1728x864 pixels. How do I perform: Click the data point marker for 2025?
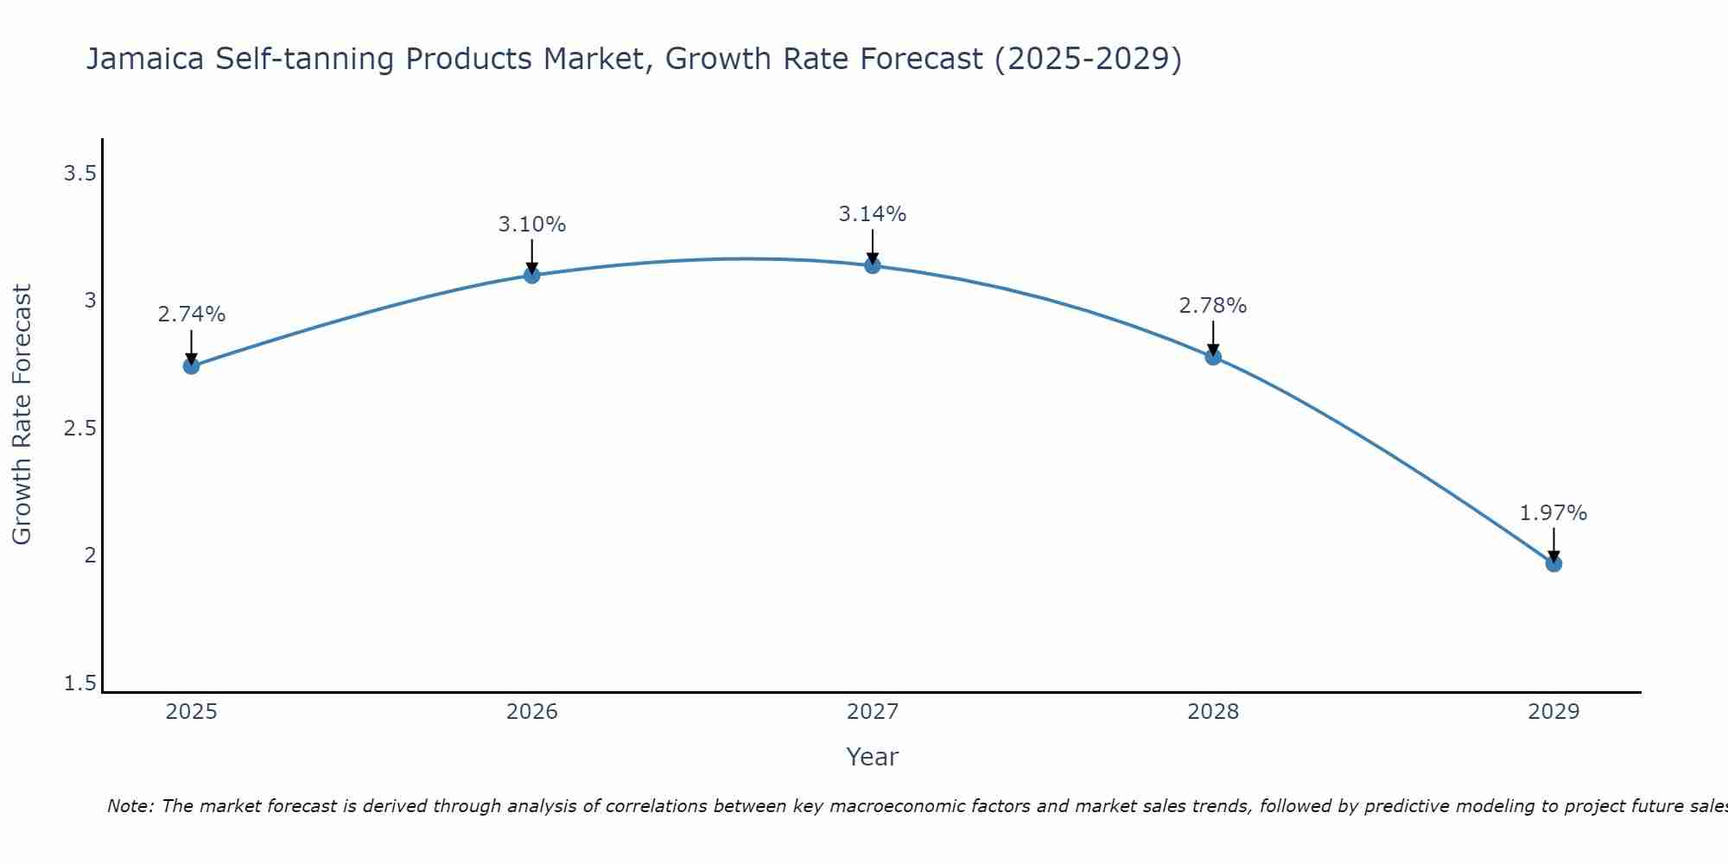pyautogui.click(x=191, y=366)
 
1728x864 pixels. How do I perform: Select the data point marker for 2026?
pyautogui.click(x=532, y=275)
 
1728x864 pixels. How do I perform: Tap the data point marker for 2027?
pyautogui.click(x=873, y=265)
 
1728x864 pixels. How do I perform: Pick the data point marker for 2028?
pyautogui.click(x=1213, y=356)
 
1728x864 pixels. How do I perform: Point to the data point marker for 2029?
pyautogui.click(x=1553, y=564)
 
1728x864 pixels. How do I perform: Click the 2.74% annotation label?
pyautogui.click(x=191, y=314)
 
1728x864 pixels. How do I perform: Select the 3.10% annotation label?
pyautogui.click(x=532, y=225)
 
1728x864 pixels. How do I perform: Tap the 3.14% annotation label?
pyautogui.click(x=873, y=214)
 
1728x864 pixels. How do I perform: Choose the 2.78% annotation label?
pyautogui.click(x=1213, y=306)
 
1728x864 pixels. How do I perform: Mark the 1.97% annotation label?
pyautogui.click(x=1553, y=513)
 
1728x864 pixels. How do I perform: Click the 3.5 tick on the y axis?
pyautogui.click(x=79, y=175)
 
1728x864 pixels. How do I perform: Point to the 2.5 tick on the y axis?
pyautogui.click(x=79, y=429)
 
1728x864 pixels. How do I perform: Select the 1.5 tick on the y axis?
pyautogui.click(x=79, y=684)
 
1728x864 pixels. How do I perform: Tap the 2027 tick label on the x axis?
pyautogui.click(x=873, y=712)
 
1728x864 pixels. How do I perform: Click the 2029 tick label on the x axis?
pyautogui.click(x=1553, y=712)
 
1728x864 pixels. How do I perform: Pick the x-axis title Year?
pyautogui.click(x=873, y=757)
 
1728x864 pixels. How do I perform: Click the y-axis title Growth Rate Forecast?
pyautogui.click(x=22, y=415)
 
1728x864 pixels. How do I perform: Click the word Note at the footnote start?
pyautogui.click(x=130, y=806)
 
